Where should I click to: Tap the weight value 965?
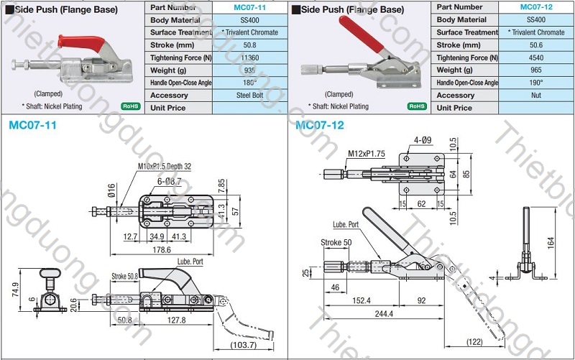(x=535, y=70)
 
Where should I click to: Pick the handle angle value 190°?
(x=535, y=83)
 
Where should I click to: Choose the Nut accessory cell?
(x=535, y=95)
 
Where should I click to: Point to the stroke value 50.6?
(x=535, y=45)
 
